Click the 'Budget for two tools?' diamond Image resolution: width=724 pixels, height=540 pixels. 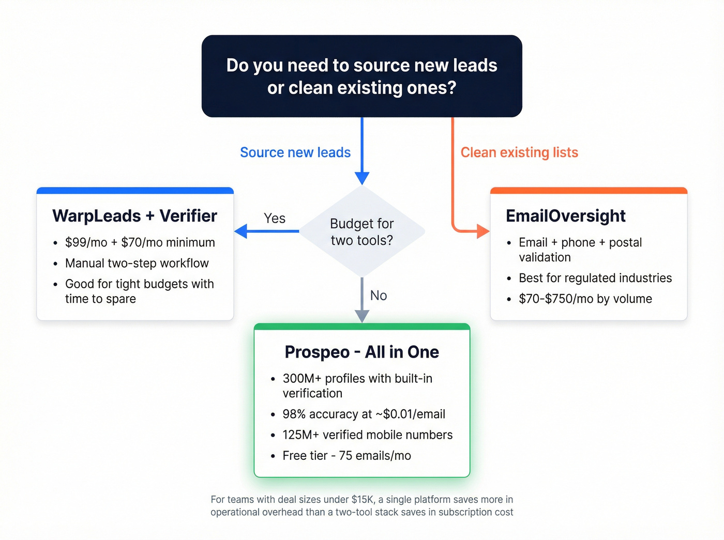[362, 232]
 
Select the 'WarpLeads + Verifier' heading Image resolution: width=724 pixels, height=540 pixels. [134, 215]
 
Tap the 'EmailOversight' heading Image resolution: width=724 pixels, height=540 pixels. [565, 215]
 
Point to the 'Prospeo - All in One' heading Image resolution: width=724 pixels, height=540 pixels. [361, 352]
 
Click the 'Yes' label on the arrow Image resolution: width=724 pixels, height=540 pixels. [275, 218]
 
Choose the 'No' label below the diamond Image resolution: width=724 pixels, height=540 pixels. [379, 296]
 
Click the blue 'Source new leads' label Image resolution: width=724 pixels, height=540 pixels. [295, 152]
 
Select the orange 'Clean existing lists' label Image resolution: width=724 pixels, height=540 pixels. [519, 152]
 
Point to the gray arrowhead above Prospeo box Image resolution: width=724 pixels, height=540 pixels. [362, 316]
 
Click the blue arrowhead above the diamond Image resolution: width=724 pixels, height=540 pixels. [362, 178]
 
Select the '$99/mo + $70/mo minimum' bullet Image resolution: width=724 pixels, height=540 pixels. [140, 242]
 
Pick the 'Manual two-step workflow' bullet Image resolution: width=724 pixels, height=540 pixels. [137, 263]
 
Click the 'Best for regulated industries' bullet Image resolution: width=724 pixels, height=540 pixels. [595, 278]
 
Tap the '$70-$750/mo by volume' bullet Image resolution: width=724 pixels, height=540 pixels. [585, 299]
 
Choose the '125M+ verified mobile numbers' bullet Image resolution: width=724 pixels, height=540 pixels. [367, 435]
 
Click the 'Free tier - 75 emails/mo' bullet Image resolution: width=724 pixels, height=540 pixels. [346, 455]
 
